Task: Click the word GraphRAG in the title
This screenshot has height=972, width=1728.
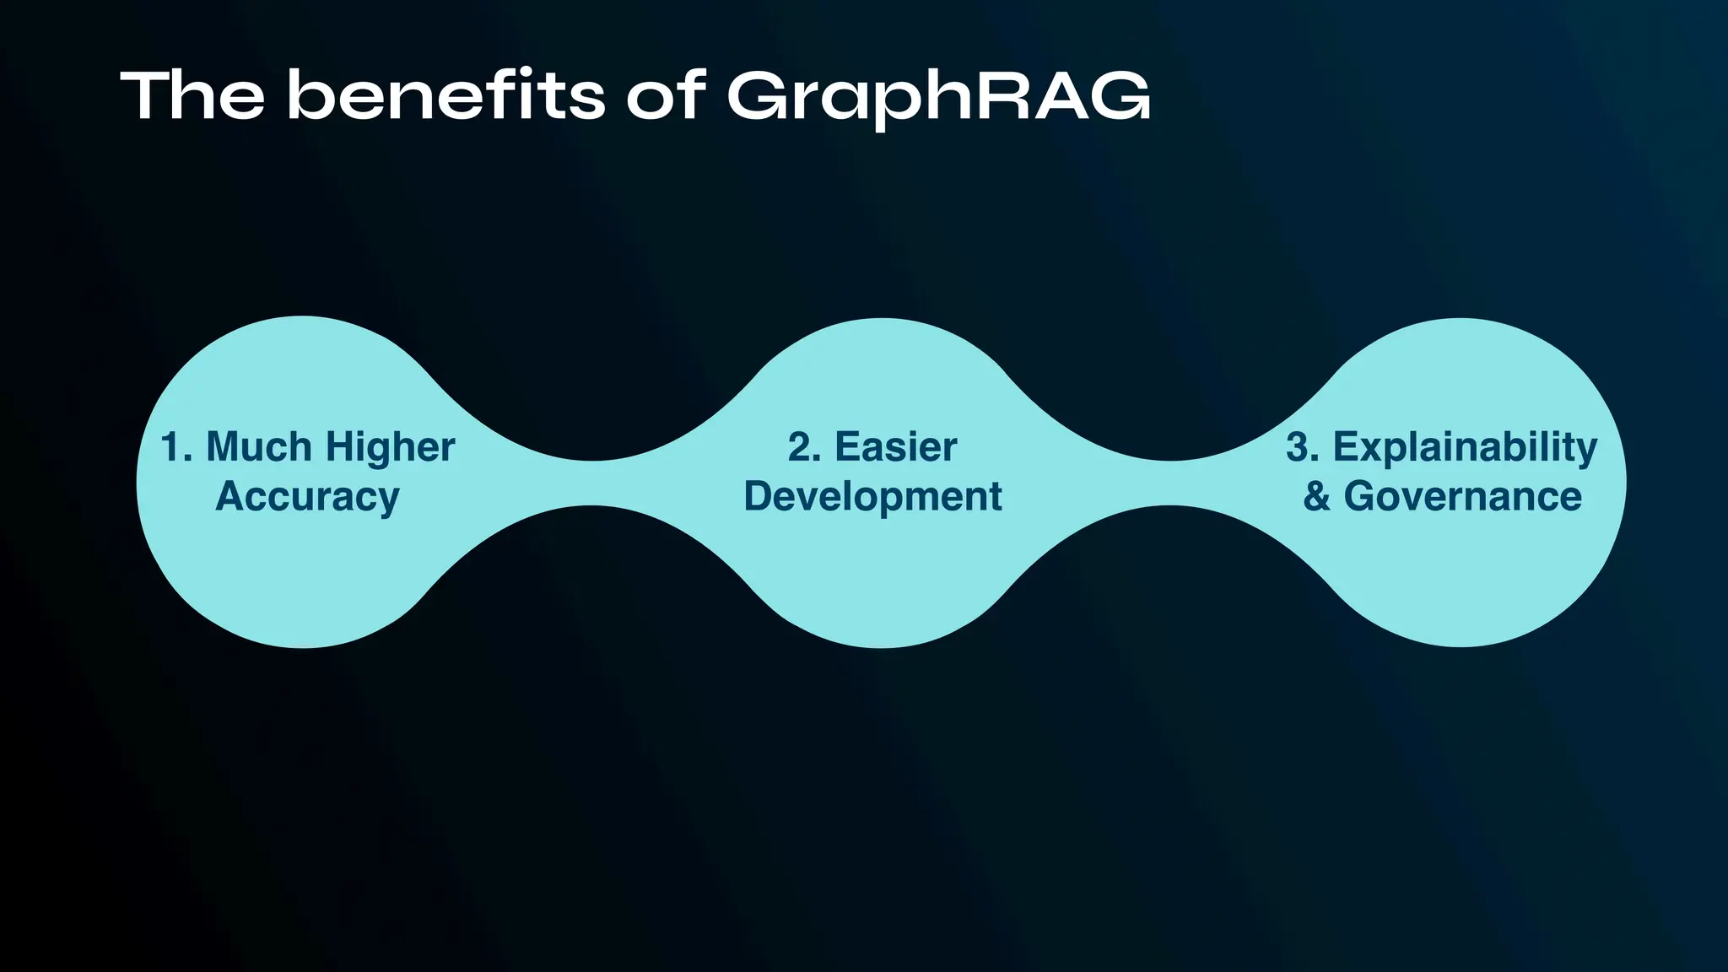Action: click(938, 96)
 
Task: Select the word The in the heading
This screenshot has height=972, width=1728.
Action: click(192, 95)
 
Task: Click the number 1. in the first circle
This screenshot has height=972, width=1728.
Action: click(176, 447)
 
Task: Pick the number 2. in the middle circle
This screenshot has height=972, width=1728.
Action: click(804, 447)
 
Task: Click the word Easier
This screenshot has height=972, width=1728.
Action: click(895, 447)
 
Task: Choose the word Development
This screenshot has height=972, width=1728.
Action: click(872, 496)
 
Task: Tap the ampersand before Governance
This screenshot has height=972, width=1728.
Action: click(1316, 496)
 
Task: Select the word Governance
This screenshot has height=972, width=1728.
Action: click(1462, 496)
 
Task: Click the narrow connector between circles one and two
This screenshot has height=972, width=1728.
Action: click(592, 483)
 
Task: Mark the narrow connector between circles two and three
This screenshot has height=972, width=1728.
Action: click(1169, 483)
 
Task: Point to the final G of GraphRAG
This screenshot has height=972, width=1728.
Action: click(1119, 96)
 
